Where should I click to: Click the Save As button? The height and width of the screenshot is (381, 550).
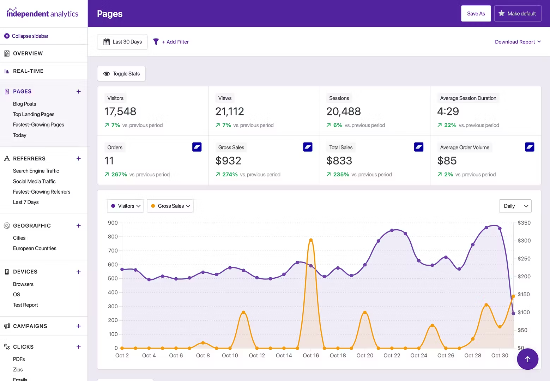click(x=476, y=14)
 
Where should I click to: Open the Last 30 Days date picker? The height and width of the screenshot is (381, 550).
click(x=122, y=42)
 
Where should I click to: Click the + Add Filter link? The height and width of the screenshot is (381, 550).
click(x=175, y=42)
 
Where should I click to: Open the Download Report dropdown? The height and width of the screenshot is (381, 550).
click(x=518, y=42)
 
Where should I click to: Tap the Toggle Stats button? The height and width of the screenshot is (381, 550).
click(x=121, y=74)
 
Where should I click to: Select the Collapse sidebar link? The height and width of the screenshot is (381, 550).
click(x=30, y=36)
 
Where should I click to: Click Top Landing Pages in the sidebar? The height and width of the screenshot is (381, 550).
click(x=34, y=114)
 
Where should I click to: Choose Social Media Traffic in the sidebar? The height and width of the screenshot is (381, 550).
click(x=34, y=181)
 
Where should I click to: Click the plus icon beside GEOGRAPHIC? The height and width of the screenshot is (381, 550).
click(x=79, y=226)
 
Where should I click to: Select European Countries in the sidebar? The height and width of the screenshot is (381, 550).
click(x=35, y=248)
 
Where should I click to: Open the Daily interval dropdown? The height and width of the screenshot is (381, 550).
click(x=515, y=206)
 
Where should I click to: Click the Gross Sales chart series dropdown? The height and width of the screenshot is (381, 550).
click(x=170, y=206)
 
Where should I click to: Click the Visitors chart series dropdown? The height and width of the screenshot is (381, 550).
click(x=125, y=206)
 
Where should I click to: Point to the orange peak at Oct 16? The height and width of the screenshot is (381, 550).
click(x=311, y=240)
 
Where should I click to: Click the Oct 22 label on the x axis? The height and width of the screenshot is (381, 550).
click(x=392, y=356)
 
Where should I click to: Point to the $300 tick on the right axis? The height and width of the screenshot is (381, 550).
click(x=524, y=241)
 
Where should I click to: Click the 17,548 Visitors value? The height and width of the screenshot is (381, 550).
click(x=120, y=111)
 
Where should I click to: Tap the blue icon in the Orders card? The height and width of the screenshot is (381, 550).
click(x=197, y=147)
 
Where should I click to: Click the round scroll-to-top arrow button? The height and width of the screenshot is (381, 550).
click(x=527, y=359)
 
